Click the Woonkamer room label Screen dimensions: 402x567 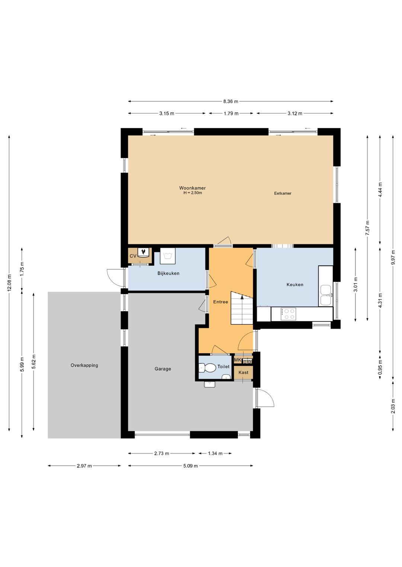click(x=192, y=188)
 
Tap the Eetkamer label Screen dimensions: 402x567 click(x=283, y=193)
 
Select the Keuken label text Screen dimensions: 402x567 click(x=295, y=285)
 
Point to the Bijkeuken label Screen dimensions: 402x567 click(x=168, y=273)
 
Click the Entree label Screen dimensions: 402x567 click(x=220, y=302)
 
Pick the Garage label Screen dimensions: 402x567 click(x=163, y=369)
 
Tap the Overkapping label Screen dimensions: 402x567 click(x=84, y=365)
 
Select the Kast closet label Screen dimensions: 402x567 click(x=243, y=373)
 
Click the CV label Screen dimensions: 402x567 click(x=133, y=256)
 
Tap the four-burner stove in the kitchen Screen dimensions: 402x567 click(x=288, y=314)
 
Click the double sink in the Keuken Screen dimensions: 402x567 click(x=326, y=295)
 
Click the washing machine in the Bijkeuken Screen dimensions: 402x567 click(x=167, y=256)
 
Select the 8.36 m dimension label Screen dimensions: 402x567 click(x=230, y=101)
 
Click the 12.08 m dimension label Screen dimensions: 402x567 click(x=9, y=283)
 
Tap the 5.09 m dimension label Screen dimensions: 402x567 click(x=191, y=466)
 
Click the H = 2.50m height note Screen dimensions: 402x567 click(x=193, y=193)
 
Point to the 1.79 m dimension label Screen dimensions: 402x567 click(x=231, y=113)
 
